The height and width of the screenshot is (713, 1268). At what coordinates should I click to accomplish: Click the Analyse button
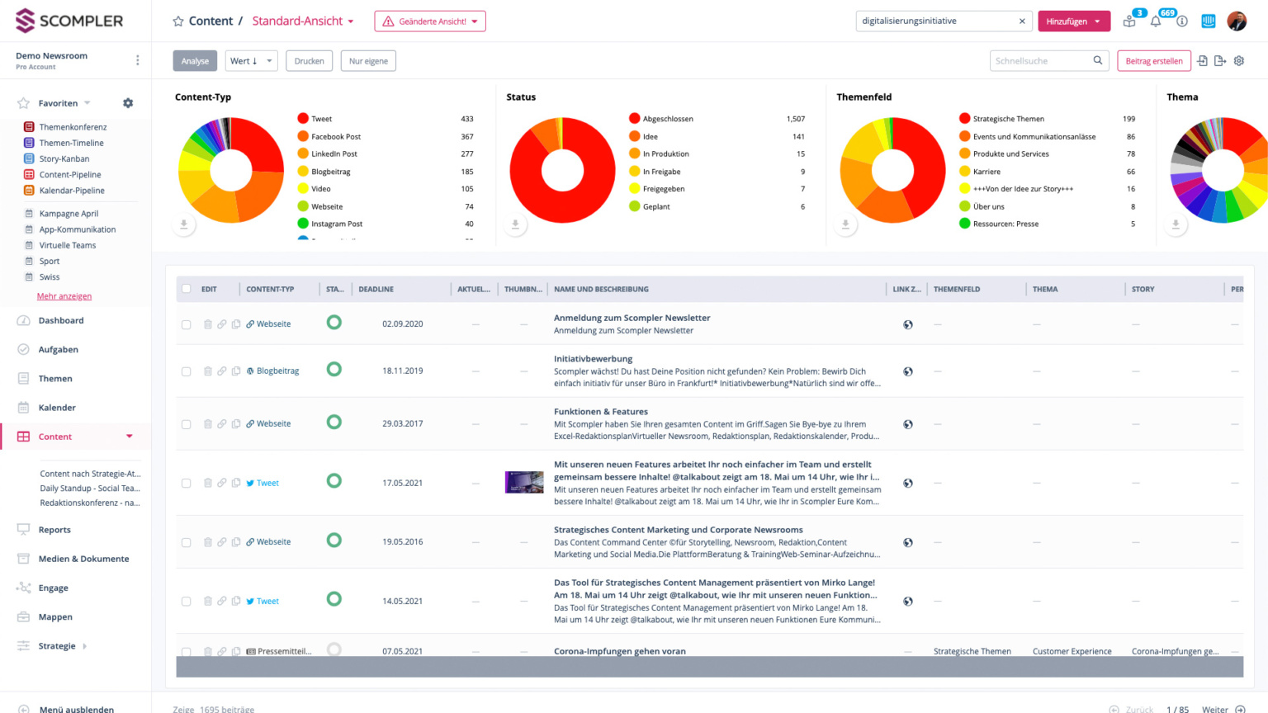pyautogui.click(x=195, y=61)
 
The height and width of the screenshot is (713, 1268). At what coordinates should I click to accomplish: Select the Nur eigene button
pyautogui.click(x=368, y=61)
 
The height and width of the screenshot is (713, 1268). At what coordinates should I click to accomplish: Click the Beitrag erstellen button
pyautogui.click(x=1153, y=61)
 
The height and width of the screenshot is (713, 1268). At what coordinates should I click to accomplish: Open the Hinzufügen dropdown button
pyautogui.click(x=1073, y=21)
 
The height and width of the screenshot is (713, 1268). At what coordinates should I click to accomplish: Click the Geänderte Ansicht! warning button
pyautogui.click(x=429, y=21)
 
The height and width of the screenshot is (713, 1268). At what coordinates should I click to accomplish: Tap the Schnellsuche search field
pyautogui.click(x=1039, y=61)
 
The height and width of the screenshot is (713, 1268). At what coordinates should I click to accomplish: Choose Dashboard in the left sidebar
pyautogui.click(x=61, y=320)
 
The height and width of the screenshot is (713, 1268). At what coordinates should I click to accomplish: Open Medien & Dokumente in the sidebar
pyautogui.click(x=83, y=559)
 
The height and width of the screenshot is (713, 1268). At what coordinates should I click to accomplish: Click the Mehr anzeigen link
pyautogui.click(x=64, y=296)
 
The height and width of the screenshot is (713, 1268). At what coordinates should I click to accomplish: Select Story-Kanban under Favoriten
pyautogui.click(x=64, y=158)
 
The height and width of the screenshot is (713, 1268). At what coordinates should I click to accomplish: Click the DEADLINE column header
pyautogui.click(x=376, y=290)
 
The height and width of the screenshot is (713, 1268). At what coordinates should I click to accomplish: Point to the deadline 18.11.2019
pyautogui.click(x=402, y=371)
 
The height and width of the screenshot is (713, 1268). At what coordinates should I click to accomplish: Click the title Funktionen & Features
pyautogui.click(x=601, y=412)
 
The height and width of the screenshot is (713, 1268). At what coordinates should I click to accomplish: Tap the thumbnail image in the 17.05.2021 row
pyautogui.click(x=524, y=482)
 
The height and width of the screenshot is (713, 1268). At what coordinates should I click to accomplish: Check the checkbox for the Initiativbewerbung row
pyautogui.click(x=187, y=371)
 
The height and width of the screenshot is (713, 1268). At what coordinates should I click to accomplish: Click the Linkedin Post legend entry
pyautogui.click(x=334, y=154)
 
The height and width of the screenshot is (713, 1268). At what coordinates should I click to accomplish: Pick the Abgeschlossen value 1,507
pyautogui.click(x=795, y=119)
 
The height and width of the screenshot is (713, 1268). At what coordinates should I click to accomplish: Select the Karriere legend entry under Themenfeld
pyautogui.click(x=986, y=172)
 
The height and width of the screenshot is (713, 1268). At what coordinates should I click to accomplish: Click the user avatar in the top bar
pyautogui.click(x=1236, y=21)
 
